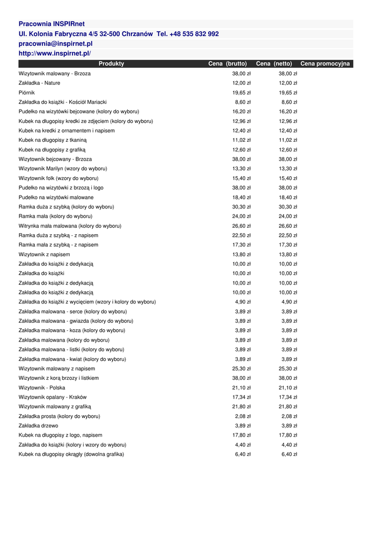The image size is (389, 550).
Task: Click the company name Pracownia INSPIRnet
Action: point(52,24)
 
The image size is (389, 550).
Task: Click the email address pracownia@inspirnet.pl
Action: point(55,44)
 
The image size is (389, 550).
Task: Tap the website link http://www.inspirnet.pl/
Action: point(55,54)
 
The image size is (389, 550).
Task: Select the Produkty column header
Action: point(111,64)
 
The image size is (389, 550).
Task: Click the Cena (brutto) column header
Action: point(227,64)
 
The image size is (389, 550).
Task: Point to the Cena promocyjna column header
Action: point(325,64)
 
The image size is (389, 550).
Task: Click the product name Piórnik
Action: point(27,92)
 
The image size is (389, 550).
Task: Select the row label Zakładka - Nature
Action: point(39,83)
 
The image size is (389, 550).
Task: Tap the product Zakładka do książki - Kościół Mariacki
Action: point(62,102)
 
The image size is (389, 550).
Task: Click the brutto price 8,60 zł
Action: point(243,102)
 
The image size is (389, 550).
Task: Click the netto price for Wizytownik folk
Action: point(288,178)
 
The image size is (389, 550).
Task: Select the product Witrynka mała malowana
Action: point(70,226)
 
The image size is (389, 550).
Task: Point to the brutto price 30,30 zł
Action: point(241,207)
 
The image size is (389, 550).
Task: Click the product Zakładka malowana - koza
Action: point(71,331)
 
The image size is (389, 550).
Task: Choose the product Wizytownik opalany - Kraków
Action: point(53,397)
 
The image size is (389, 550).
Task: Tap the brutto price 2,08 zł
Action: point(243,416)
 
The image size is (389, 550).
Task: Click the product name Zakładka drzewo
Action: point(39,426)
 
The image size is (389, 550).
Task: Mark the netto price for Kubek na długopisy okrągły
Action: point(289,454)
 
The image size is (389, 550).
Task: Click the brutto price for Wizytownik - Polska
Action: point(241,388)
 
